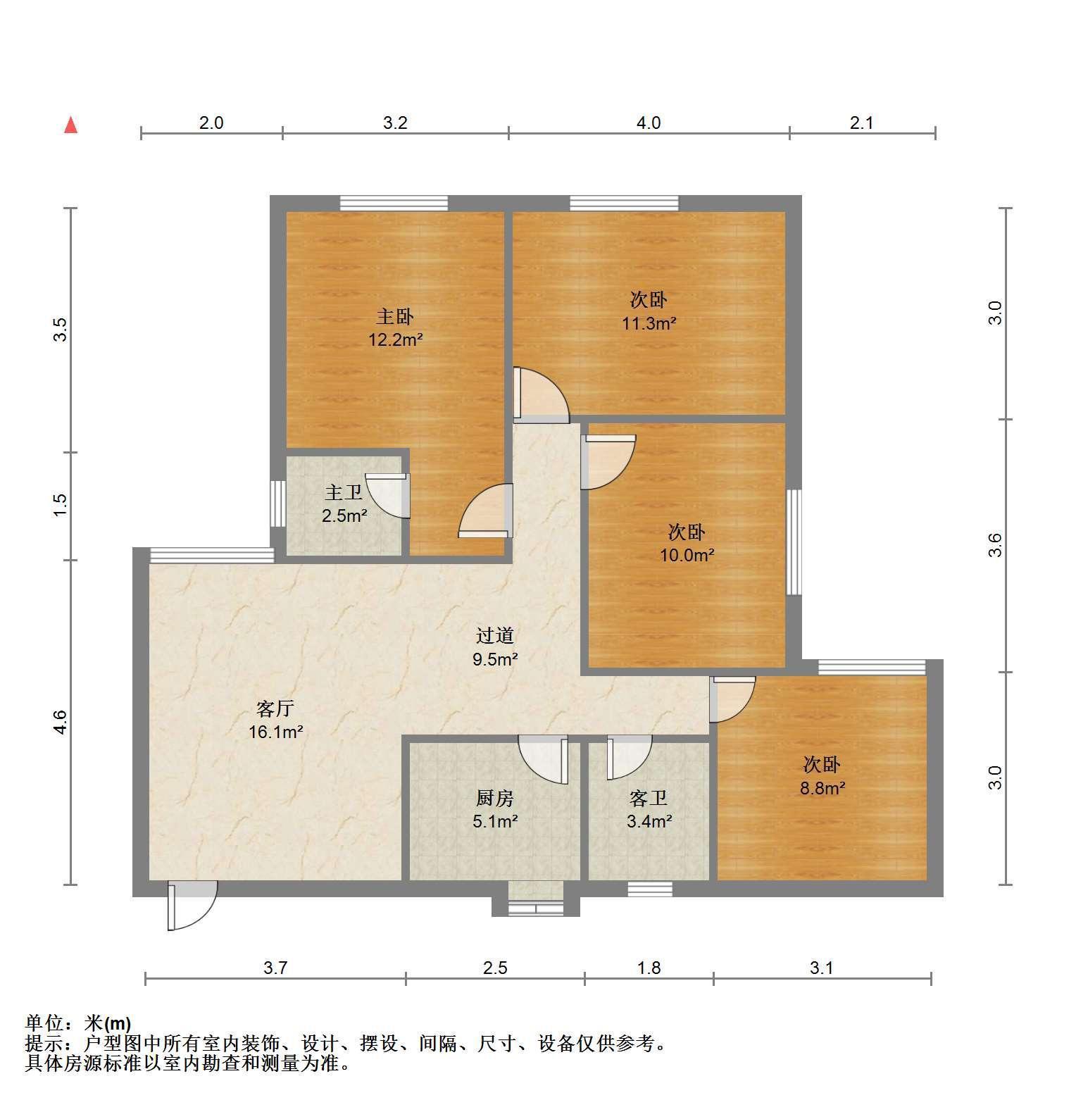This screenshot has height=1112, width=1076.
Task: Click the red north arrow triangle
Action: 70,125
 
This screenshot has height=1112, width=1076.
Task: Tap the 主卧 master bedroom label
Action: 395,316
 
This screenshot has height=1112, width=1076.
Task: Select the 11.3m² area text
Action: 649,324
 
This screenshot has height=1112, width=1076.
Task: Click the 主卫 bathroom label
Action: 344,492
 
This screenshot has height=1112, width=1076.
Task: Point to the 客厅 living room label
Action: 275,708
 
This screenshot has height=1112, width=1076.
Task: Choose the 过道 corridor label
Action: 495,636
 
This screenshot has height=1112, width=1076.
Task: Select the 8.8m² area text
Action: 822,789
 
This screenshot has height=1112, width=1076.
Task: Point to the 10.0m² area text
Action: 687,556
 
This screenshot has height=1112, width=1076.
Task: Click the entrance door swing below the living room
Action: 192,906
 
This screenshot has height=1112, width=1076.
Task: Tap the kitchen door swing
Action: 543,760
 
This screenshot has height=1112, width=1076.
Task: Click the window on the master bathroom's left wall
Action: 279,503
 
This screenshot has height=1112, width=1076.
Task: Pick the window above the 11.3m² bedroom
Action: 624,203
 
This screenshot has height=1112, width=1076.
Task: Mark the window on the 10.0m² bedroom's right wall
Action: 794,542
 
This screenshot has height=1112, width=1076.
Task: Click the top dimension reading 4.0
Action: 649,123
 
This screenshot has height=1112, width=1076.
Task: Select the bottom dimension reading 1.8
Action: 649,968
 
